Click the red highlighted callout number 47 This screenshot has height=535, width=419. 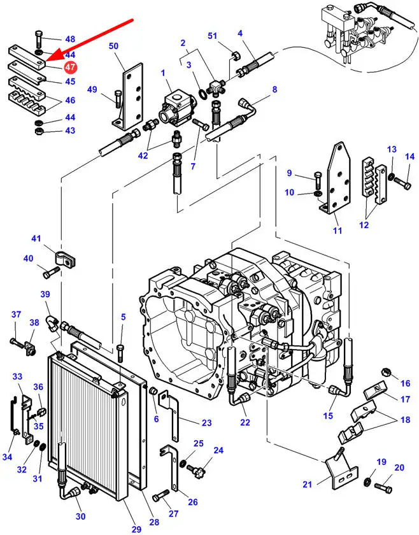70,67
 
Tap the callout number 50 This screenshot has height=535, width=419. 113,46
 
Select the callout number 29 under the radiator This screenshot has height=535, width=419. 136,529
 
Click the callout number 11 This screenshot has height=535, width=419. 337,231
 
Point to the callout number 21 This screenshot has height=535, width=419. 308,484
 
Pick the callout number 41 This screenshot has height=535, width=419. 36,238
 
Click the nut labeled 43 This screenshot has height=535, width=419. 39,131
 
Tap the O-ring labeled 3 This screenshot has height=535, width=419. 202,93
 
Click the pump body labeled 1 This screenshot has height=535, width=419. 177,108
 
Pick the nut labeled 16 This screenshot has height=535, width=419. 386,371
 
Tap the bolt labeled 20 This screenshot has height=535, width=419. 383,488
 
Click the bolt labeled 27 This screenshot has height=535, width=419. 160,494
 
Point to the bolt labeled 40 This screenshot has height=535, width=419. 51,273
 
